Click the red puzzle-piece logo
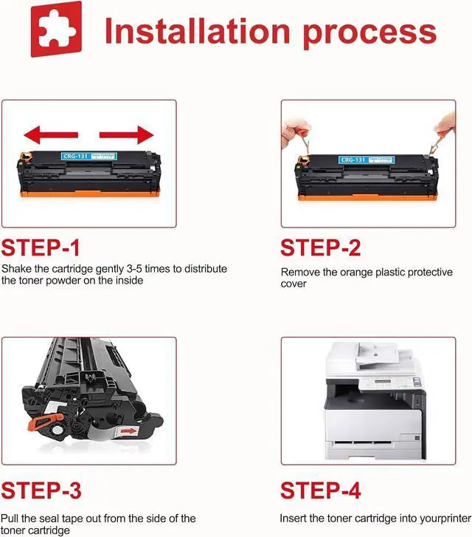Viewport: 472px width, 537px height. (57, 29)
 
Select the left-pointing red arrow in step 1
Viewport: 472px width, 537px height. (51, 135)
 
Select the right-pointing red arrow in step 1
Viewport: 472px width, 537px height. (127, 135)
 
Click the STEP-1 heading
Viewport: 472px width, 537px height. (41, 247)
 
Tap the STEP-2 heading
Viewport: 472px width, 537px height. (321, 247)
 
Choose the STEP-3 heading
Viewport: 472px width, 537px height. (41, 490)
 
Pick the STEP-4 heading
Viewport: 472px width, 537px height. (321, 490)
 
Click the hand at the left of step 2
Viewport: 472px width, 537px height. (295, 134)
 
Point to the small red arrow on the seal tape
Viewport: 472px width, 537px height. (128, 431)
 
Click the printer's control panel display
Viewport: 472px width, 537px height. (383, 382)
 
